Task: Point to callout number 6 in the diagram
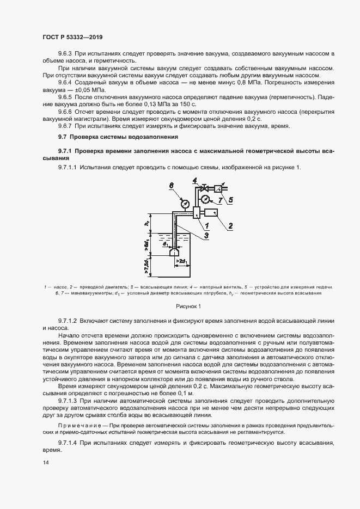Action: (x=170, y=186)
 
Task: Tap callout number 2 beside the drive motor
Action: (x=230, y=224)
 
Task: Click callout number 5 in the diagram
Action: (x=230, y=200)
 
